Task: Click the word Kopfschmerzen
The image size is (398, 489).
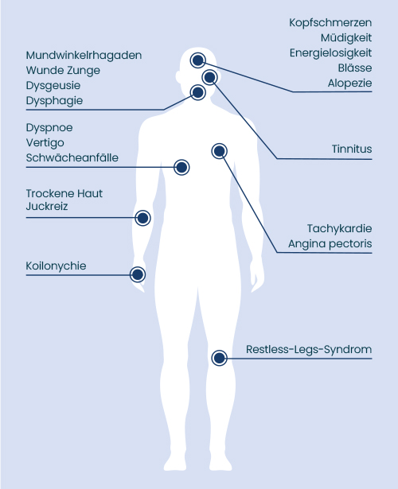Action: click(330, 23)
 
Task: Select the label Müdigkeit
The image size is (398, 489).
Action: click(346, 37)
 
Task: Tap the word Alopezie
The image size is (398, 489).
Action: click(349, 83)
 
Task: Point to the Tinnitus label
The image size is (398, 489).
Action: click(352, 149)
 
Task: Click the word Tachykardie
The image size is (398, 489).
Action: click(339, 228)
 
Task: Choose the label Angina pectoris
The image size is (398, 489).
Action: click(330, 243)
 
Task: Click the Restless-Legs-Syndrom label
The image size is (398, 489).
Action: click(309, 349)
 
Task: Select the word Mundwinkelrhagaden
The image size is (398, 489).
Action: click(84, 55)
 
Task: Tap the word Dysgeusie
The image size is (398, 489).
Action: click(53, 85)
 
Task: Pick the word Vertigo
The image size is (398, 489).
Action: click(45, 143)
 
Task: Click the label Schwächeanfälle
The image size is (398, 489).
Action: click(72, 157)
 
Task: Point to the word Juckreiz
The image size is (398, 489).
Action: click(47, 207)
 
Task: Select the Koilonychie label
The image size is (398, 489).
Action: click(56, 266)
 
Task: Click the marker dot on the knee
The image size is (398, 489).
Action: click(219, 358)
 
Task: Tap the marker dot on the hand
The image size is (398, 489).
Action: click(138, 274)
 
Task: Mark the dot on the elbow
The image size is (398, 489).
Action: click(142, 218)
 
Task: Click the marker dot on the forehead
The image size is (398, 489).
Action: click(197, 60)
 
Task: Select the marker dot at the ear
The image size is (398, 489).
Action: click(209, 76)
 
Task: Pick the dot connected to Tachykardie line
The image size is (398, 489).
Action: click(219, 151)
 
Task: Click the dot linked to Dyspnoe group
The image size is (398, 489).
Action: click(181, 168)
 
